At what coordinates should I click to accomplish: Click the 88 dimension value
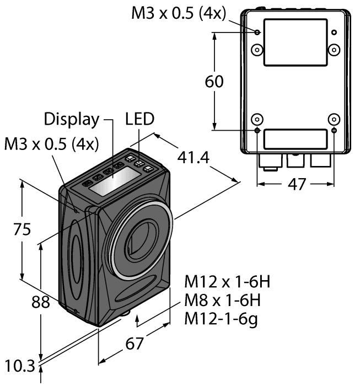click(x=41, y=302)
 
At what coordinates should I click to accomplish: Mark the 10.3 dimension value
click(x=18, y=365)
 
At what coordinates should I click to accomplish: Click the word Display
click(x=72, y=119)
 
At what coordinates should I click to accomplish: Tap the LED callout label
click(x=140, y=119)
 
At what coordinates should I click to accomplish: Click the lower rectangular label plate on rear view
click(x=295, y=139)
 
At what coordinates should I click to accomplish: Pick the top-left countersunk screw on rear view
click(x=257, y=50)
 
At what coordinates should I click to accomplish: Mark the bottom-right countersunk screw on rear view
click(x=334, y=120)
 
